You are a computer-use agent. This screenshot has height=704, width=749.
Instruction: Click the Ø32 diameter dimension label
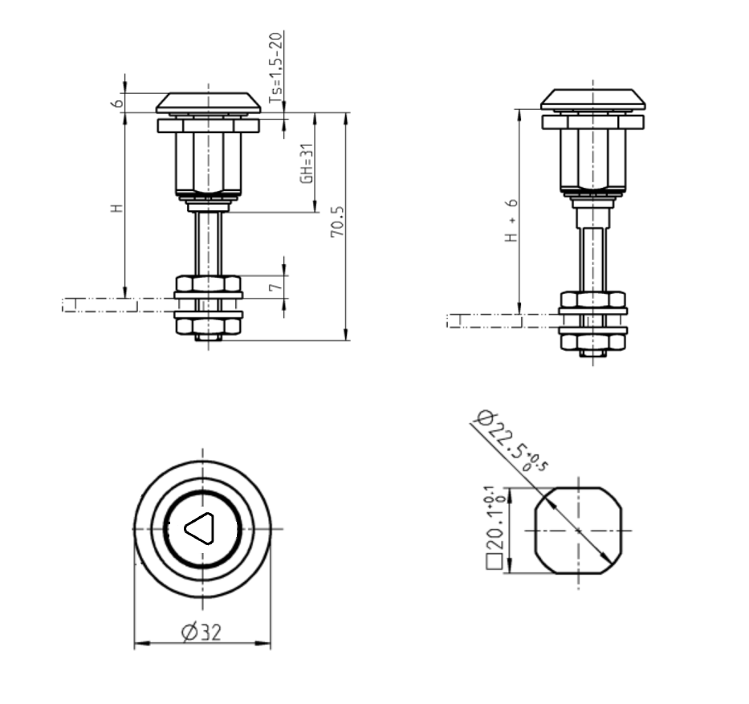tap(201, 633)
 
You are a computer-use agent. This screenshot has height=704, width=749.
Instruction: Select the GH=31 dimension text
tap(306, 165)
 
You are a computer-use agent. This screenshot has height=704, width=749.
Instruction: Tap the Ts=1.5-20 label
tap(275, 67)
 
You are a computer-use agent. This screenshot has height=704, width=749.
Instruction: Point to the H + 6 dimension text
tap(511, 221)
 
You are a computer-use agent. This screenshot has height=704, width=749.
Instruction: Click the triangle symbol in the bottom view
tap(200, 528)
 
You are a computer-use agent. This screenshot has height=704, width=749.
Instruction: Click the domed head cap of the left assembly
tap(208, 102)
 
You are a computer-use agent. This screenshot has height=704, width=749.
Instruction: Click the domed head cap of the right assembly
tap(592, 99)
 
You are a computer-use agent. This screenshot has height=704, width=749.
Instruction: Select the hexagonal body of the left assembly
tap(208, 163)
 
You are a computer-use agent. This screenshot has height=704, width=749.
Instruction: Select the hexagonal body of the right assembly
tap(592, 160)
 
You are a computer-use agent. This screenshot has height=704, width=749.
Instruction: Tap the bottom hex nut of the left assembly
tap(208, 325)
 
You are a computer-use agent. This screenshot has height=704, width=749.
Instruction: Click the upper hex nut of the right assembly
tap(592, 299)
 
